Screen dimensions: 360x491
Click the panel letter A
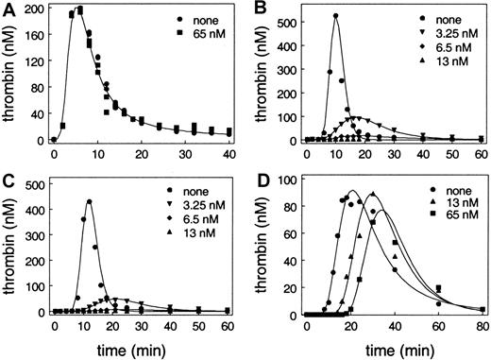8,8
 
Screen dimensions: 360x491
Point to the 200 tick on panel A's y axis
34,9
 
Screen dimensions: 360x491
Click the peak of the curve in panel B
335,15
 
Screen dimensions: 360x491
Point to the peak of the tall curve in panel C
89,200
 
